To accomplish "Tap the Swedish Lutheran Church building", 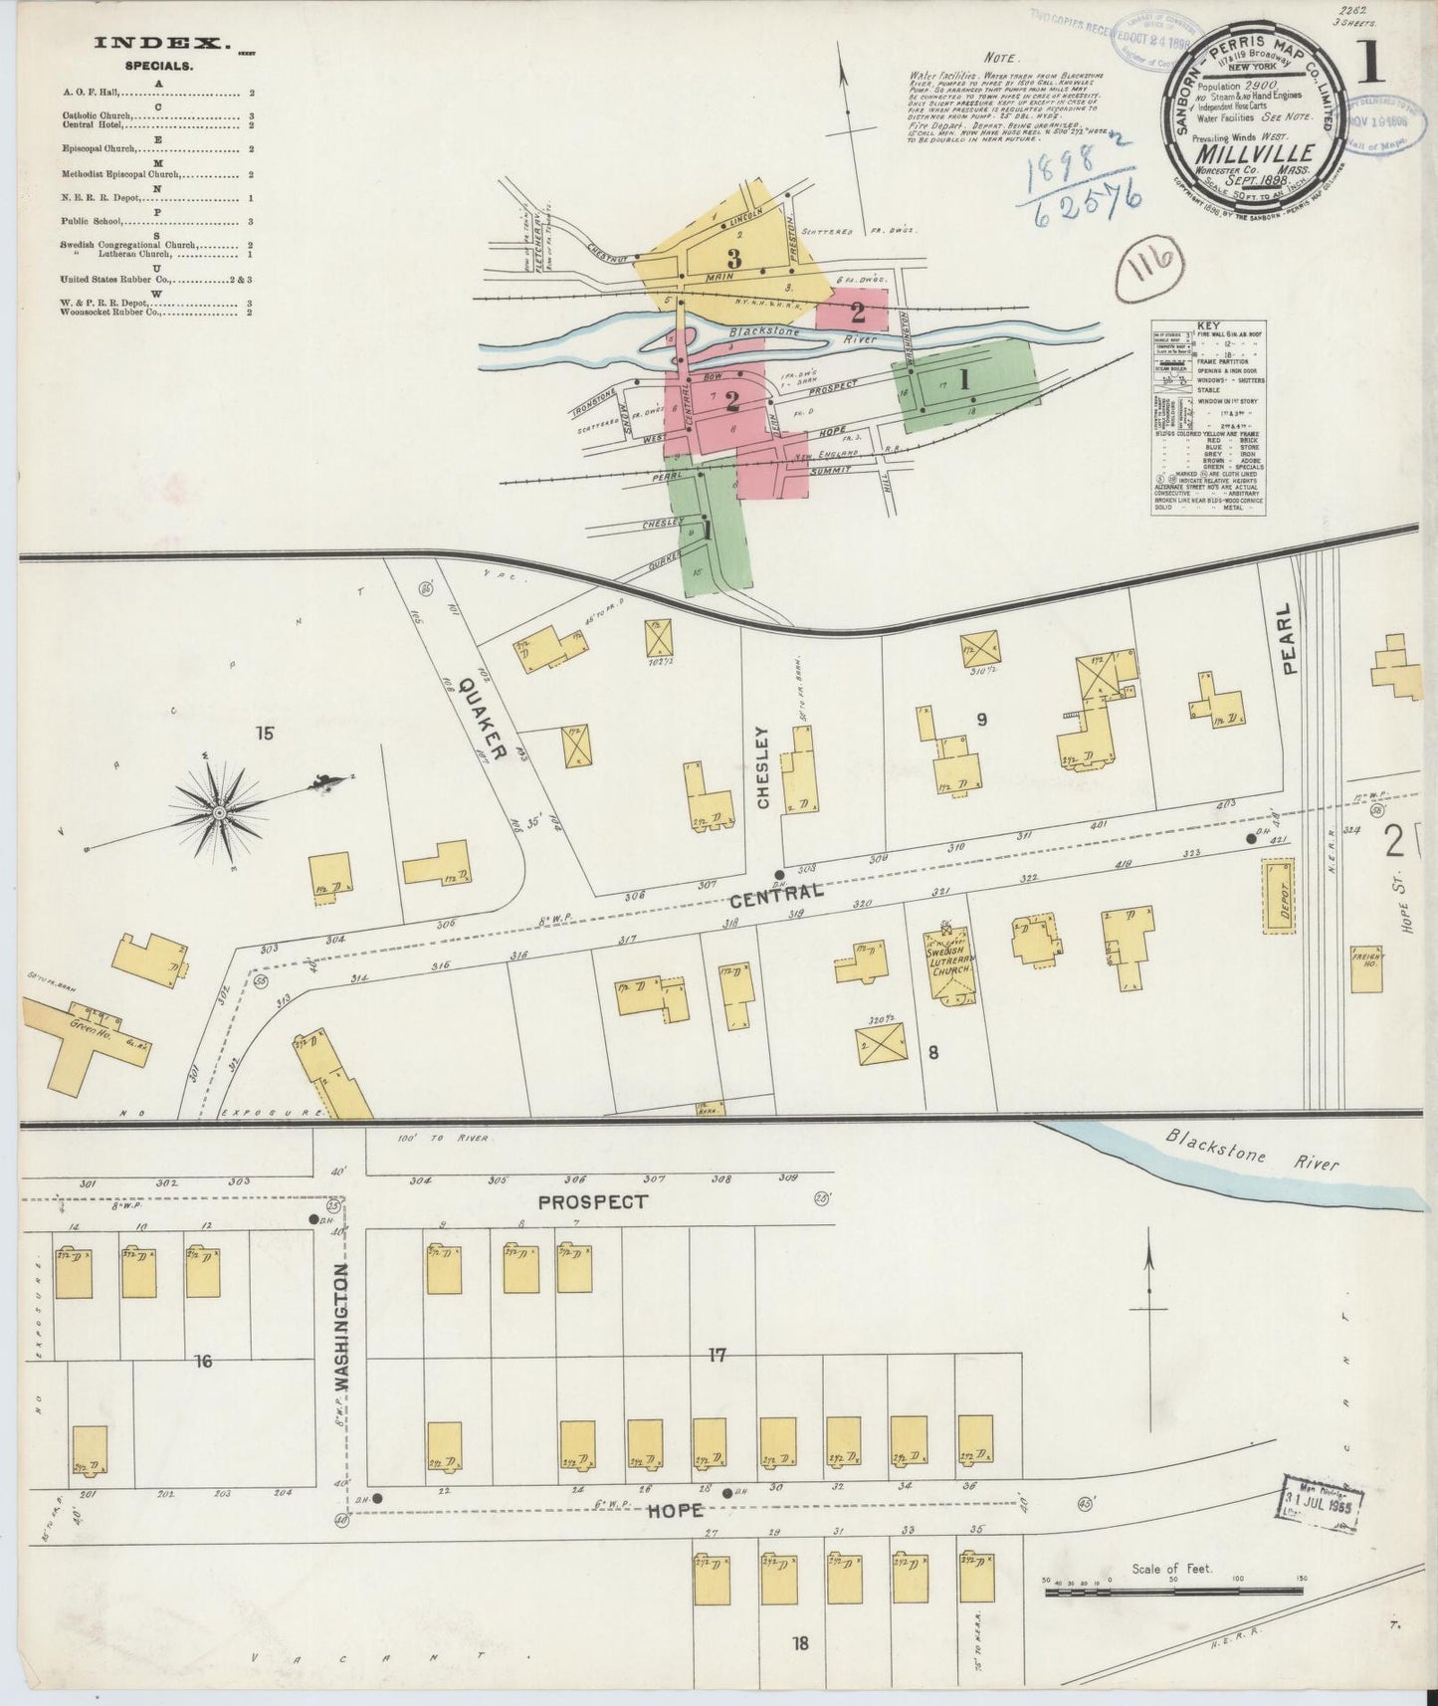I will pyautogui.click(x=948, y=965).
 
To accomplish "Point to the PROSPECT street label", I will pyautogui.click(x=591, y=1202).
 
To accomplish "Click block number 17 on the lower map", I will pyautogui.click(x=717, y=1355).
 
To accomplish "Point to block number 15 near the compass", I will pyautogui.click(x=264, y=734).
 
